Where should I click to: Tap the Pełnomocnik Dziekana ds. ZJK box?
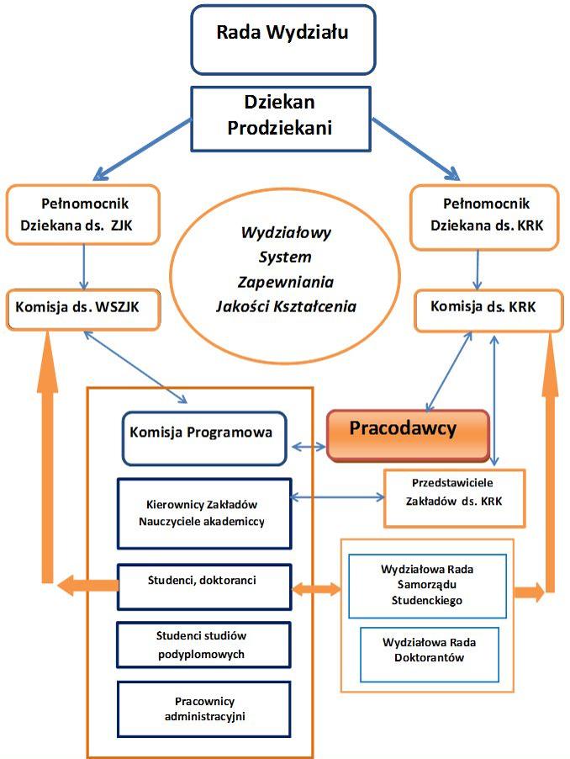[83, 215]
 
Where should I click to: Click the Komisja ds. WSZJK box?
[83, 309]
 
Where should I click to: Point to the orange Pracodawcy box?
[407, 434]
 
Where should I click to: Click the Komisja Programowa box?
[203, 438]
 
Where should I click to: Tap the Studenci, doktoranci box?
[203, 586]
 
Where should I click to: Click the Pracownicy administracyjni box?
[203, 709]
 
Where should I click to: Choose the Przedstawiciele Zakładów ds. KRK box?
[454, 496]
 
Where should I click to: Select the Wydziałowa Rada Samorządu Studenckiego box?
[427, 584]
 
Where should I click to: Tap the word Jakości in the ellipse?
[248, 305]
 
